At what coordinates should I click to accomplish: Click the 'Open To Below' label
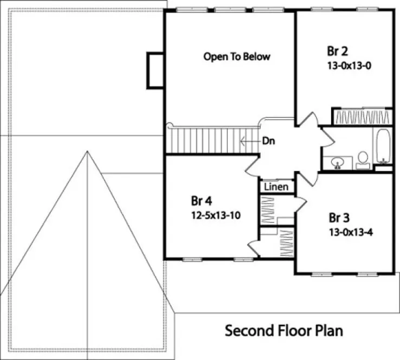(x=236, y=56)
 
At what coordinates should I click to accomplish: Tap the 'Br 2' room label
(x=337, y=52)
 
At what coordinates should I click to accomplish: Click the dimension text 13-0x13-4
(x=352, y=232)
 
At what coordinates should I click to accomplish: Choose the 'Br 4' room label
(x=201, y=201)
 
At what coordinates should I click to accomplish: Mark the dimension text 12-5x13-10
(x=216, y=215)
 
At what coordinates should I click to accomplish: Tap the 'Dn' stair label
(x=268, y=140)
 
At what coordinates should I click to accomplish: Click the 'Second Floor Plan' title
(x=283, y=330)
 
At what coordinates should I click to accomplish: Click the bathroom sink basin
(x=337, y=162)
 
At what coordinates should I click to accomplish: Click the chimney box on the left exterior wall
(x=155, y=70)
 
